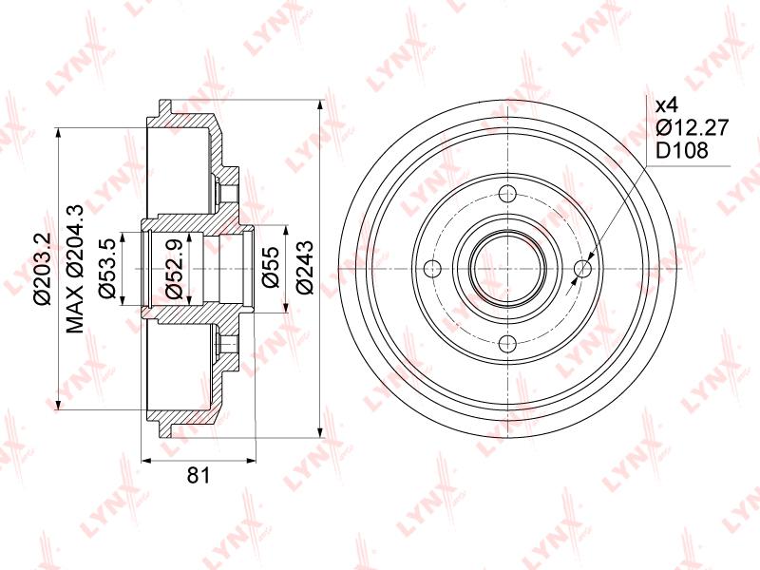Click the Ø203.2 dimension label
(43, 269)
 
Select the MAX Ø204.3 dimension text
(76, 269)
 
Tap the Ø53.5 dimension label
(105, 269)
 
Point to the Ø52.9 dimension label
(174, 269)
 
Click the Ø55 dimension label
(271, 267)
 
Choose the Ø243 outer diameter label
(304, 268)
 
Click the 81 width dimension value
(199, 474)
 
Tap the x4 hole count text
(668, 105)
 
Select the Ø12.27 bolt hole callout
(693, 128)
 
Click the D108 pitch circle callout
(682, 151)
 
